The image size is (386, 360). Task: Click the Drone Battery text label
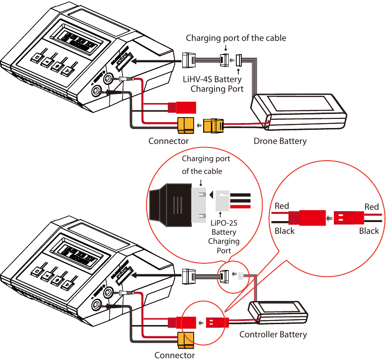(280, 141)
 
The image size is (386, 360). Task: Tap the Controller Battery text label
(273, 335)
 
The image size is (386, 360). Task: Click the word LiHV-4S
(198, 79)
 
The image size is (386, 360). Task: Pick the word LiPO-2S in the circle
(224, 223)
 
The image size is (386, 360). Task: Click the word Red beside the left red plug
(282, 206)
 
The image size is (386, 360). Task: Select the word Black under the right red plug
(369, 231)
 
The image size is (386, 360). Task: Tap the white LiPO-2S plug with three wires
(225, 200)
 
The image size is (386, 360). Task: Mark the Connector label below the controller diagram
(175, 355)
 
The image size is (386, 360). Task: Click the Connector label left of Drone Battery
(168, 141)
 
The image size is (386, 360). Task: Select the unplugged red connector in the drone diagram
(182, 107)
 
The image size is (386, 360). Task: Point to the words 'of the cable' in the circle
(202, 171)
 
